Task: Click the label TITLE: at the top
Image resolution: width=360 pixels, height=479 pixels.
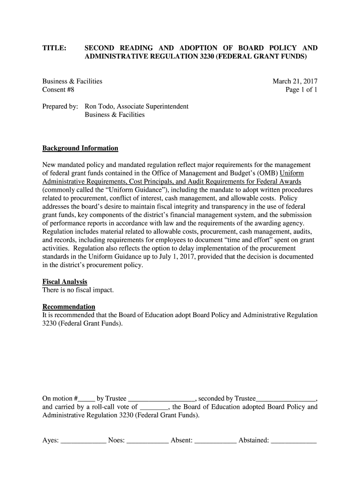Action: coord(54,48)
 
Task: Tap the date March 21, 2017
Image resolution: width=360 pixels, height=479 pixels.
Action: coord(295,81)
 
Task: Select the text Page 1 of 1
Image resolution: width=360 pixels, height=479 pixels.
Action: coord(302,90)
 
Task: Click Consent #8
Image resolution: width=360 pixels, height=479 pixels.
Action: coord(58,90)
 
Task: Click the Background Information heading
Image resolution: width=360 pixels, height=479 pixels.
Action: coord(80,148)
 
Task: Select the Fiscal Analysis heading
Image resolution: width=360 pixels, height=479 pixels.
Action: coord(65,282)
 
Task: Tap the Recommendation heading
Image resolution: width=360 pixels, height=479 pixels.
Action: coord(69,307)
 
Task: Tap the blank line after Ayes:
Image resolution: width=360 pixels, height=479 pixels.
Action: coord(84,441)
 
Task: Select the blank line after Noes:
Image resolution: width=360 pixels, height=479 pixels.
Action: coord(148,441)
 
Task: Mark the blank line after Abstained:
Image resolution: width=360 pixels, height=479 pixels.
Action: coord(294,441)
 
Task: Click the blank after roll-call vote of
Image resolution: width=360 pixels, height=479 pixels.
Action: coord(154,407)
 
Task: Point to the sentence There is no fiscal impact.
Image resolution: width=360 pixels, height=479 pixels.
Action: coord(78,290)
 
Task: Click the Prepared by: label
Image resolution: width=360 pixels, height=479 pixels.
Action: coord(60,107)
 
